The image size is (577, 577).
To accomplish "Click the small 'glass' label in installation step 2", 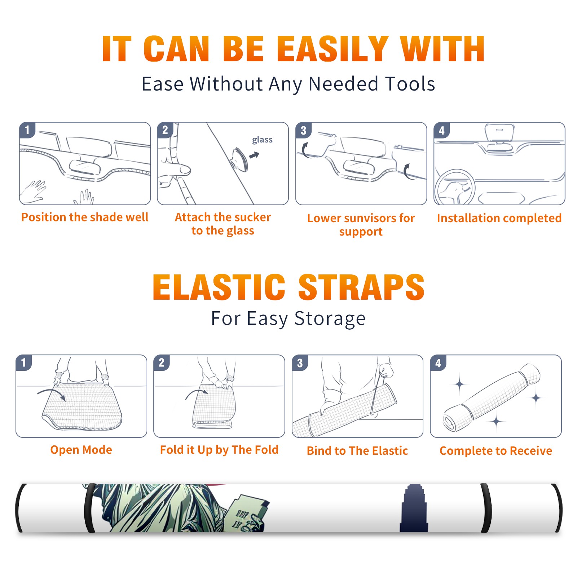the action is click(262, 140).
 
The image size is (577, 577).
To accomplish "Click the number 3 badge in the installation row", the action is click(303, 130).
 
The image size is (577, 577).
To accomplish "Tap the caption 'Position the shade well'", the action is click(85, 217).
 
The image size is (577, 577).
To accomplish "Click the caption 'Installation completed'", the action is click(499, 218).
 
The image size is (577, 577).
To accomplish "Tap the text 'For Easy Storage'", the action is click(288, 318).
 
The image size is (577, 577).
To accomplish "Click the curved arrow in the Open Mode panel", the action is click(52, 393).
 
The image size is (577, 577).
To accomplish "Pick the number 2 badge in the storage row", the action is click(162, 362).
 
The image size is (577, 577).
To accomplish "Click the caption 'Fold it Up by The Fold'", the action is click(219, 450).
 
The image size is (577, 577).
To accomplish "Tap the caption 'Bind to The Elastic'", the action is click(357, 451).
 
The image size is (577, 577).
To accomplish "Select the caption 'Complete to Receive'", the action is click(496, 451).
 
